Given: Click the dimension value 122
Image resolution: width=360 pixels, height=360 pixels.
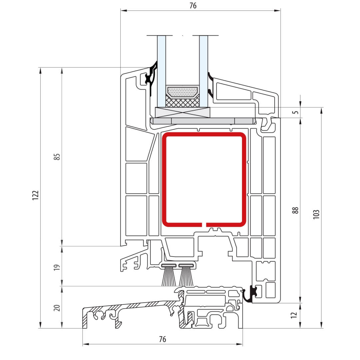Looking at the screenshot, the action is click(35, 195).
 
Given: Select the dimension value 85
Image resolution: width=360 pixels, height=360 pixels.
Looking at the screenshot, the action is click(57, 157).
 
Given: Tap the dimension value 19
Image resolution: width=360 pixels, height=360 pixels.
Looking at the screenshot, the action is click(57, 267).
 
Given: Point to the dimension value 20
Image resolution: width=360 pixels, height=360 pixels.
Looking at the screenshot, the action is click(57, 308).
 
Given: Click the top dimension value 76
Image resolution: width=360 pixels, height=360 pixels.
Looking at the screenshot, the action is click(193, 6).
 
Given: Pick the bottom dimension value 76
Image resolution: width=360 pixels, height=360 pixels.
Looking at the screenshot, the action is click(162, 339).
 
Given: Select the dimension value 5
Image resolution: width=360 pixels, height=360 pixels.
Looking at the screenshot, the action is click(296, 112).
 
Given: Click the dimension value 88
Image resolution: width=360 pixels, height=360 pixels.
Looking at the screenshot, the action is click(295, 210).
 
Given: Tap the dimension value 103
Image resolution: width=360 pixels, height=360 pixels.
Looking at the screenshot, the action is click(316, 214).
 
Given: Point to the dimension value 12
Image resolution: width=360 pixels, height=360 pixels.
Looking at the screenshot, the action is click(294, 315).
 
